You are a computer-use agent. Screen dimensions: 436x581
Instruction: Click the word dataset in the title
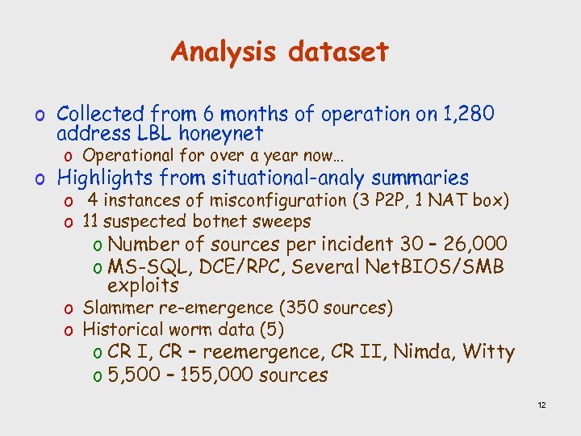339,52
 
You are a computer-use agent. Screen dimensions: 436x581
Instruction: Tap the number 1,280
466,114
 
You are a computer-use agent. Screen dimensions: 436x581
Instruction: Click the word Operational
128,155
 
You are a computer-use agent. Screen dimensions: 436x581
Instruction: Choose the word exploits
143,285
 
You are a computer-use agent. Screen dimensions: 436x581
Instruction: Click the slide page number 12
541,405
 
